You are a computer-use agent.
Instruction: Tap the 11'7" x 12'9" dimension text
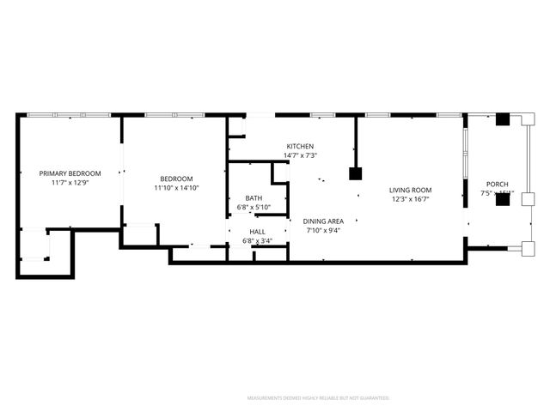click(70, 182)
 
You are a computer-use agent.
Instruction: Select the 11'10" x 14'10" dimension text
click(175, 188)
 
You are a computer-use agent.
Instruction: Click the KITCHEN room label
click(300, 147)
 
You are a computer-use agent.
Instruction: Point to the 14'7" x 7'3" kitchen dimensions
click(300, 155)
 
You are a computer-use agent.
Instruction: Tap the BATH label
click(254, 198)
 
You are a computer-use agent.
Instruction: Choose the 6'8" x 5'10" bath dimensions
click(254, 207)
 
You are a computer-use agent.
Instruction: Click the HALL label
click(257, 232)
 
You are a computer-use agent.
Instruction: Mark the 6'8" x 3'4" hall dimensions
click(257, 240)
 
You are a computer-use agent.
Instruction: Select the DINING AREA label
click(322, 221)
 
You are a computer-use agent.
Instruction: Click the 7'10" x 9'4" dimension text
click(322, 229)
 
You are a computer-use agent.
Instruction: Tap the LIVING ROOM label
click(410, 191)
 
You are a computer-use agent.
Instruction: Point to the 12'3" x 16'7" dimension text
click(410, 199)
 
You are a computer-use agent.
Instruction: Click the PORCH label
click(497, 184)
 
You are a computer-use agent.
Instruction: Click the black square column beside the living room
click(355, 173)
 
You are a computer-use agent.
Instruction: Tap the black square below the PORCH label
click(503, 199)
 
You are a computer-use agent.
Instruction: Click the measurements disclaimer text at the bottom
click(318, 398)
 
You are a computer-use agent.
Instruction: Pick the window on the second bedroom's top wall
click(174, 115)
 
